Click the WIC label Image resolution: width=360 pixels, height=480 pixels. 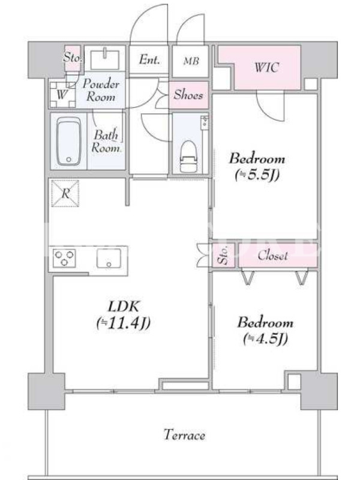266,67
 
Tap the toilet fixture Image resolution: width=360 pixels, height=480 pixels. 188,156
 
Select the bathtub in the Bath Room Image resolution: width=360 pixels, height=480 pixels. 69,141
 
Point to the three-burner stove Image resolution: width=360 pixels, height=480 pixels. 64,258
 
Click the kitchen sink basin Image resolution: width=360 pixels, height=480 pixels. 109,258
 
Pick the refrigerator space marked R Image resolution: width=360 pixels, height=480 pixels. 65,193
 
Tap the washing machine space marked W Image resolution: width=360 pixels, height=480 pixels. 62,95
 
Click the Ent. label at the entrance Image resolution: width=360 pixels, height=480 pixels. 149,59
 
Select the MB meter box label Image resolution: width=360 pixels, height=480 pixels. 191,61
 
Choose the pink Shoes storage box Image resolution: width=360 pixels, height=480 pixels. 188,95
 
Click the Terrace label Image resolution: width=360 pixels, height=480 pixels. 184,435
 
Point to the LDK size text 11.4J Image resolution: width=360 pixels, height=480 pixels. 124,323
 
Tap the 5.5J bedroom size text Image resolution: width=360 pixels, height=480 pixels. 257,175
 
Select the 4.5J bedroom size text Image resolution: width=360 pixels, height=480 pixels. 265,339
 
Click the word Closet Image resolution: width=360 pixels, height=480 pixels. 272,256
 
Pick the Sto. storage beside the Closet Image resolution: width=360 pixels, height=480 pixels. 224,256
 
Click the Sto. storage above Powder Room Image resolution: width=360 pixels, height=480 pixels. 73,58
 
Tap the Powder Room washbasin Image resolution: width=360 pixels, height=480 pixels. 105,59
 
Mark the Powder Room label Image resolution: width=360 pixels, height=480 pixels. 101,91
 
